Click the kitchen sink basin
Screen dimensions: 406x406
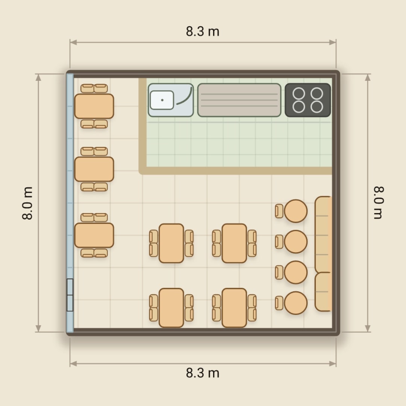tap(162, 100)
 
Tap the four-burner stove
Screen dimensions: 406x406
tap(308, 100)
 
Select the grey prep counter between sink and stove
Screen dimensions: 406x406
tap(239, 100)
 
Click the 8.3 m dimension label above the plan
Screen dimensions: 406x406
tap(203, 31)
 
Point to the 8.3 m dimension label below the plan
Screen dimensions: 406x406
tap(203, 373)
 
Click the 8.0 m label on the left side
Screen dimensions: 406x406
tap(27, 203)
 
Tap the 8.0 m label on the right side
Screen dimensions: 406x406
tap(379, 203)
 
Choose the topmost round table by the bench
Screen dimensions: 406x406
tap(296, 211)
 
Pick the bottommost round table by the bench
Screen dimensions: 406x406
tap(296, 303)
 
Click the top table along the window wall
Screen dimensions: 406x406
tap(94, 106)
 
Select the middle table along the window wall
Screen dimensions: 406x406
tap(94, 169)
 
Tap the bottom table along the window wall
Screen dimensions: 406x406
tap(94, 235)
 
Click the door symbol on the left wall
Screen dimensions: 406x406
tap(70, 295)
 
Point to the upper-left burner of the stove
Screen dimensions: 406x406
tap(299, 94)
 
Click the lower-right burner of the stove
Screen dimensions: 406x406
tap(317, 107)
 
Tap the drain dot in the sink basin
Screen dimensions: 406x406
tap(162, 100)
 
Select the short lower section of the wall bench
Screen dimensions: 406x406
tap(323, 292)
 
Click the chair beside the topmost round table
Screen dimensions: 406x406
tap(279, 211)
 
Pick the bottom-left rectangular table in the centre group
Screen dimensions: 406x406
tap(171, 308)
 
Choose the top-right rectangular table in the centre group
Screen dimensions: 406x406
tap(234, 243)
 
